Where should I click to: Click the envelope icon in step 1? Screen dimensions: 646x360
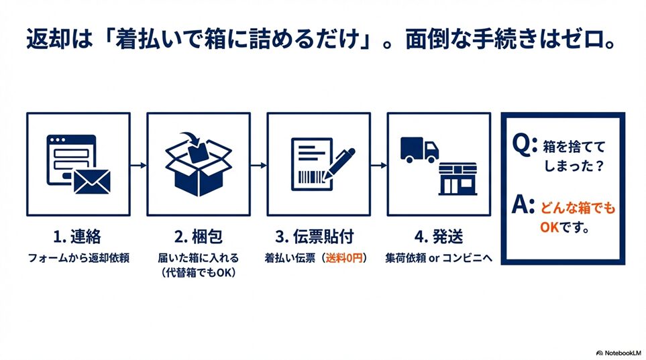pos(92,182)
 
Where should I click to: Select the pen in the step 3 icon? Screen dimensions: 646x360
pos(339,164)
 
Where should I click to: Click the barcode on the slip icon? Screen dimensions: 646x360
pos(311,178)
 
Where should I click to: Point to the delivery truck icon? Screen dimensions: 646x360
pos(419,150)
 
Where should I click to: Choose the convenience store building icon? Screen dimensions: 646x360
pos(457,179)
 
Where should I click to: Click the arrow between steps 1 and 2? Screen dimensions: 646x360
pos(138,166)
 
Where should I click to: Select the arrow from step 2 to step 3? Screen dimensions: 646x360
pos(259,166)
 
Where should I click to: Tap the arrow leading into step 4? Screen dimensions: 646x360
pos(379,166)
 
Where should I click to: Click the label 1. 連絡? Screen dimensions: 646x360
pos(77,237)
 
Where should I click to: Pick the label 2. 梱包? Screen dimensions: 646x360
pos(198,237)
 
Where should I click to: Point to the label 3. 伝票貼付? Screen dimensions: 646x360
pos(315,237)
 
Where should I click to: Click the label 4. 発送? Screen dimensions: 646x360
pos(439,237)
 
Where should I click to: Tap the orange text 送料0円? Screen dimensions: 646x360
pos(344,258)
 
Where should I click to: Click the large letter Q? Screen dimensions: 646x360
pos(525,143)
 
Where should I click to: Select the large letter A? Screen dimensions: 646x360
pos(523,204)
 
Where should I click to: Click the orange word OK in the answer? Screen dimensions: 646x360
pos(549,227)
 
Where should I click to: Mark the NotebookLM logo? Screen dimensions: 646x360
pos(618,353)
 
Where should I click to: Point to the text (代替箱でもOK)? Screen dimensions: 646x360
pos(198,273)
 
